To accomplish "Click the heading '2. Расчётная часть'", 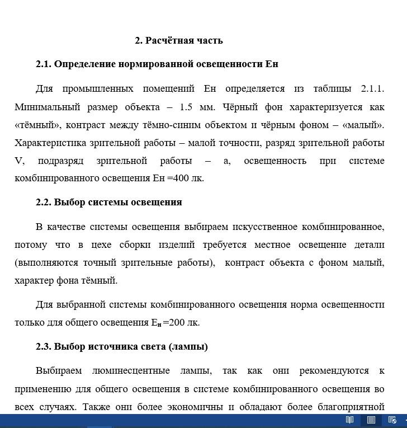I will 179,40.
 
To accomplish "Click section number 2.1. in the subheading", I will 44,64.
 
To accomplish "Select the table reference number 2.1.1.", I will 372,88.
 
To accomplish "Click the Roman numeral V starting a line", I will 20,161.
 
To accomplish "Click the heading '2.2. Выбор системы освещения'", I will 109,202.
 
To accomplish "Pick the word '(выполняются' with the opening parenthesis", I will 43,262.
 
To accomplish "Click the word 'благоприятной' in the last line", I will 351,407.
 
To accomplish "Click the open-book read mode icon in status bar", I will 349,420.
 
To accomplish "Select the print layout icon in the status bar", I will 371,420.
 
